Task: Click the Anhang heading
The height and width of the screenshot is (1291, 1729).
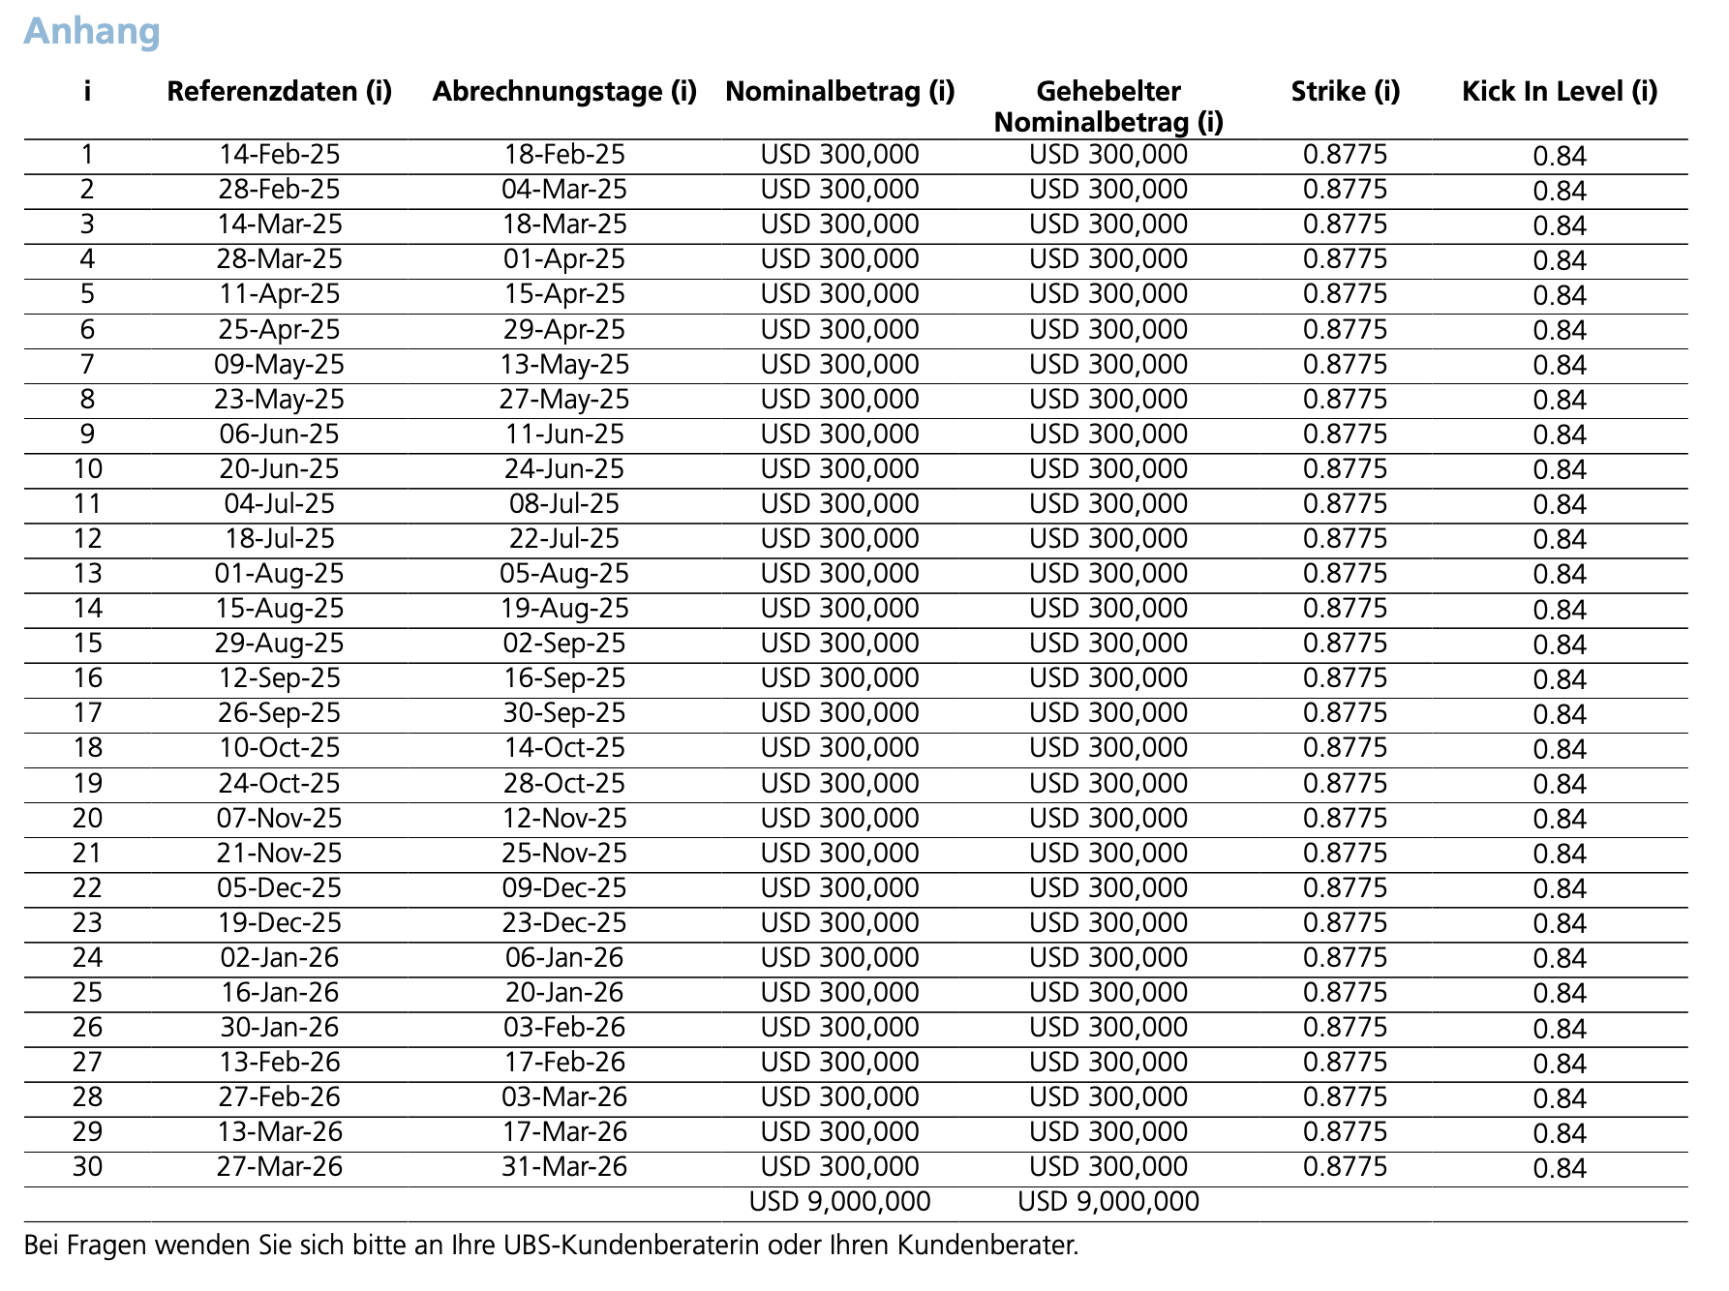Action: (92, 31)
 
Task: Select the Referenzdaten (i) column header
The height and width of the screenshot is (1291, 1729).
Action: (280, 92)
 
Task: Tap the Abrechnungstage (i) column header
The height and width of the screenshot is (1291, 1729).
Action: (564, 92)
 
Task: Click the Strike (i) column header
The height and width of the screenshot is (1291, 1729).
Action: (1346, 92)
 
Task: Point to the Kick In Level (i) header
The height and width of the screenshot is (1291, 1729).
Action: (1560, 92)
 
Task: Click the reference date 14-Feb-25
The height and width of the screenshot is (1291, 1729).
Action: (280, 155)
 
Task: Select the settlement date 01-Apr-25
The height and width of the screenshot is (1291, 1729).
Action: (564, 259)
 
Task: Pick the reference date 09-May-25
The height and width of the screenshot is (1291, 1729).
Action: (280, 365)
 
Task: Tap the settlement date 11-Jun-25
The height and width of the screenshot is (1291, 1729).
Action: (564, 435)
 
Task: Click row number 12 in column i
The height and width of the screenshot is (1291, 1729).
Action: (87, 539)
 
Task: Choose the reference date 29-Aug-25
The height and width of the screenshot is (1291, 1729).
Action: (280, 644)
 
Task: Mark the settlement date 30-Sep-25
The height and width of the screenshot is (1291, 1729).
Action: (564, 713)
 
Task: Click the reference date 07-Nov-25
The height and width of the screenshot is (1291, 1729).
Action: (280, 819)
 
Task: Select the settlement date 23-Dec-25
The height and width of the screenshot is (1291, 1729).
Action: (564, 923)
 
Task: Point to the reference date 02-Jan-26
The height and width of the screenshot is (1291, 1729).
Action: (280, 958)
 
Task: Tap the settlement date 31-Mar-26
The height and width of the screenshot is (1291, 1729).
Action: (564, 1167)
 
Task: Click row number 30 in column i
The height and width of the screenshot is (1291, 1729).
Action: (87, 1167)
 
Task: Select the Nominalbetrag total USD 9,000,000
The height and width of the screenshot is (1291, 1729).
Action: (839, 1202)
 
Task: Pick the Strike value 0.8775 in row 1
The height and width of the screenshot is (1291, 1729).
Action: (1346, 155)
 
